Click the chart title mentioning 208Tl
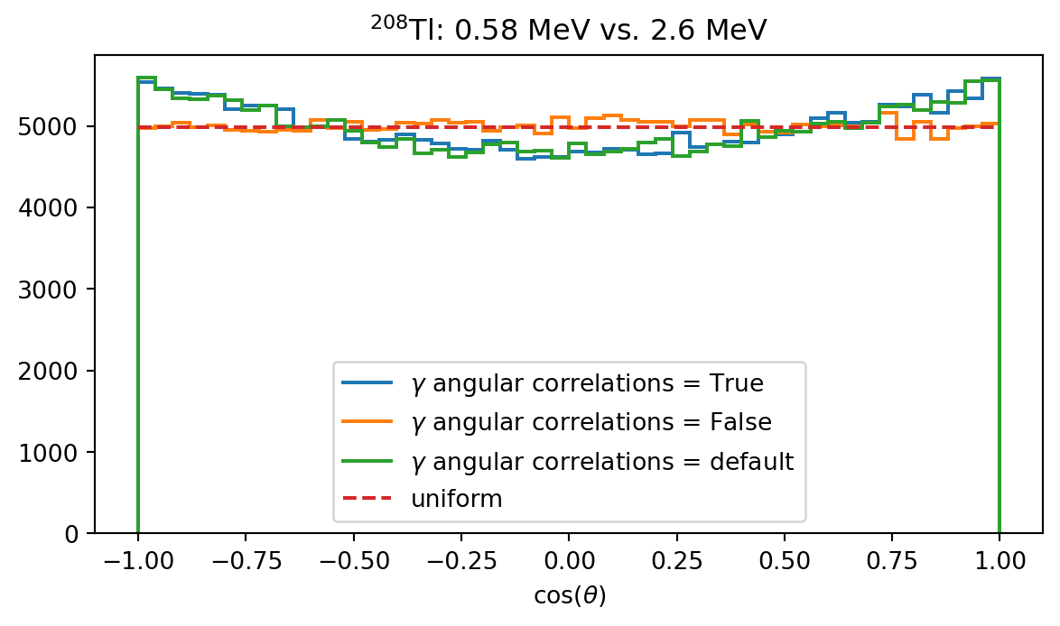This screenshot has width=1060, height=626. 569,29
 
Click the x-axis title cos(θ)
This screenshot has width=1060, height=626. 569,597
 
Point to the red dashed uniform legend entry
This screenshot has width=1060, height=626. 456,499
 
